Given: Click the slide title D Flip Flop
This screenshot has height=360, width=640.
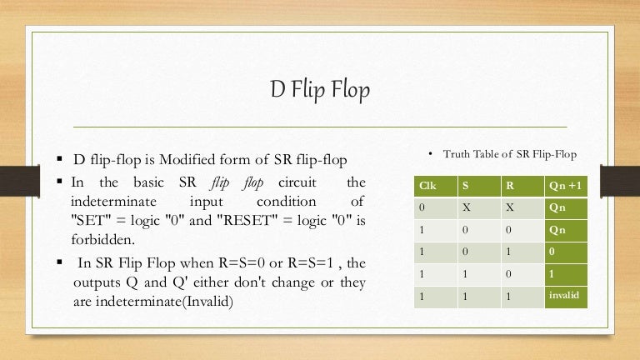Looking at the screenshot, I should point(320,90).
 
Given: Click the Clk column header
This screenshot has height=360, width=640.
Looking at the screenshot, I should point(427,186).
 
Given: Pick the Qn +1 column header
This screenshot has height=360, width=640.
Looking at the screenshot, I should point(565,186).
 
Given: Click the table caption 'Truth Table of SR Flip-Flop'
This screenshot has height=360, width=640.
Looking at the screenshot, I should point(509,154).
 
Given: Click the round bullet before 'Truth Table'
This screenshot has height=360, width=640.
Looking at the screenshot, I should point(429,154).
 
